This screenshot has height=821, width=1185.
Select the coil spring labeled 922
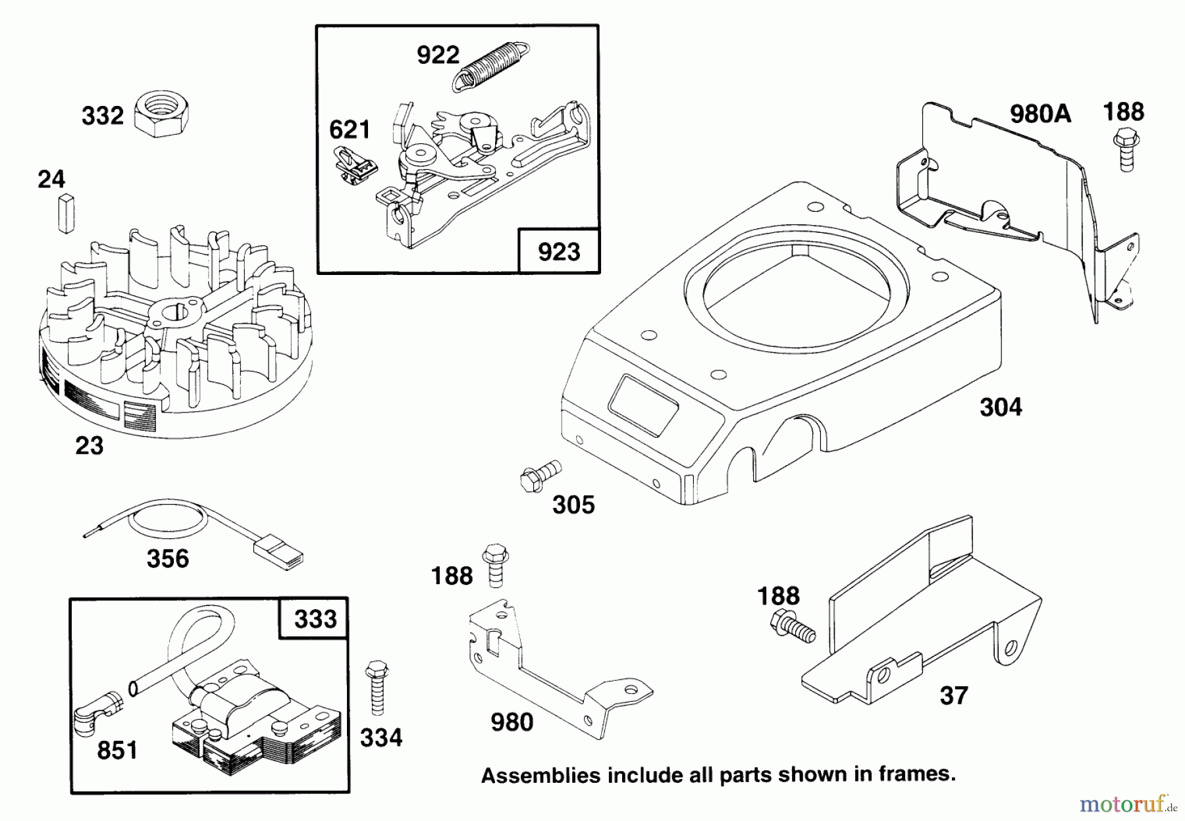[492, 63]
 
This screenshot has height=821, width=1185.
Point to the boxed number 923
[559, 251]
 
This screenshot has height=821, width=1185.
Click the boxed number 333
[315, 619]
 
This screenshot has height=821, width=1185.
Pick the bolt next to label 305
[539, 476]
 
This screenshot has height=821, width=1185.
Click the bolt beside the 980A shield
[1126, 151]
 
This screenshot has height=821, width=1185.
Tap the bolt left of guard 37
[791, 625]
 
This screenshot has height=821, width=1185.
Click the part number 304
[1001, 407]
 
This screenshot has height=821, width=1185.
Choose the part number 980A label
[1040, 114]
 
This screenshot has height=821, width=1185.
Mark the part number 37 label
[953, 695]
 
